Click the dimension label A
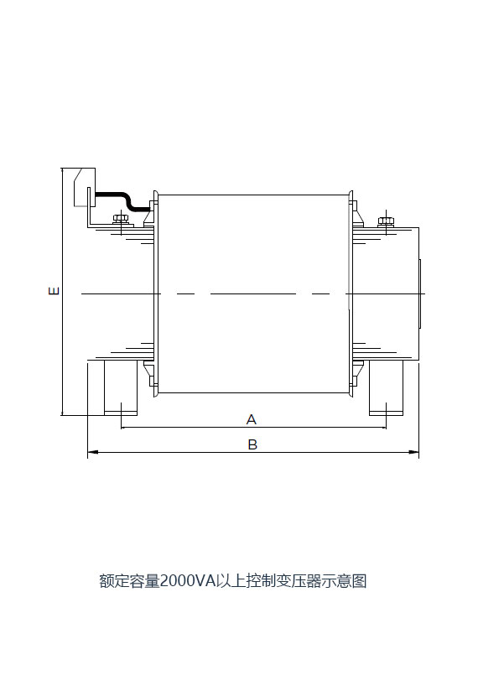click(x=252, y=419)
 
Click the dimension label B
click(x=252, y=444)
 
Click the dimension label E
click(x=54, y=291)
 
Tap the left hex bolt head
click(x=121, y=218)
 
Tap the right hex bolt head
click(x=386, y=221)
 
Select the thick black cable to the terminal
click(x=122, y=200)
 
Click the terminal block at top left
click(x=85, y=187)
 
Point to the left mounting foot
click(x=120, y=387)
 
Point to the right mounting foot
click(x=386, y=387)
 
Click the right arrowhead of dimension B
click(x=414, y=452)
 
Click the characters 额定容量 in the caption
click(x=129, y=580)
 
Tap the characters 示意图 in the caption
click(x=345, y=580)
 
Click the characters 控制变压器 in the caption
click(x=284, y=580)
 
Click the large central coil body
click(x=253, y=293)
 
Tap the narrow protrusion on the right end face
click(x=420, y=293)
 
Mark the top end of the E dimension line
click(x=63, y=169)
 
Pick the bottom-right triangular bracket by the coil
click(x=358, y=369)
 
